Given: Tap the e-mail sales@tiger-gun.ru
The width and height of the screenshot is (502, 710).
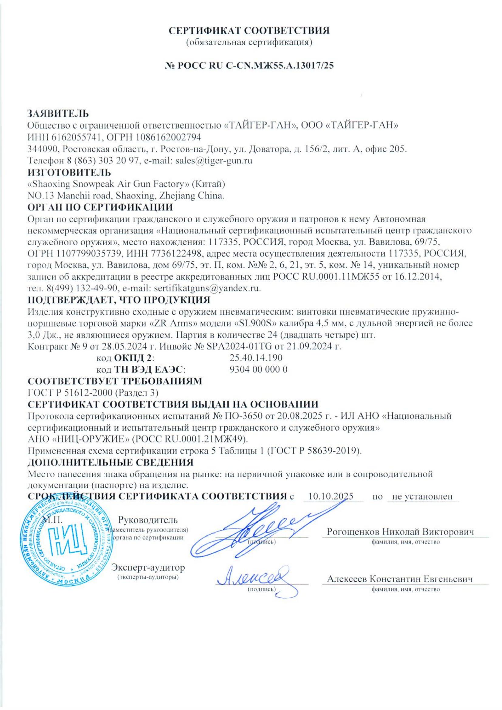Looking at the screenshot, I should point(214,161).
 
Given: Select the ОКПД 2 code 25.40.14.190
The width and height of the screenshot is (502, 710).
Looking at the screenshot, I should point(255,358).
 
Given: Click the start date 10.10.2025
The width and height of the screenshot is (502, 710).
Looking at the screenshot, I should point(331,496).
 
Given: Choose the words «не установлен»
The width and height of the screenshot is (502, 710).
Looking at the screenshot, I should point(422,497).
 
